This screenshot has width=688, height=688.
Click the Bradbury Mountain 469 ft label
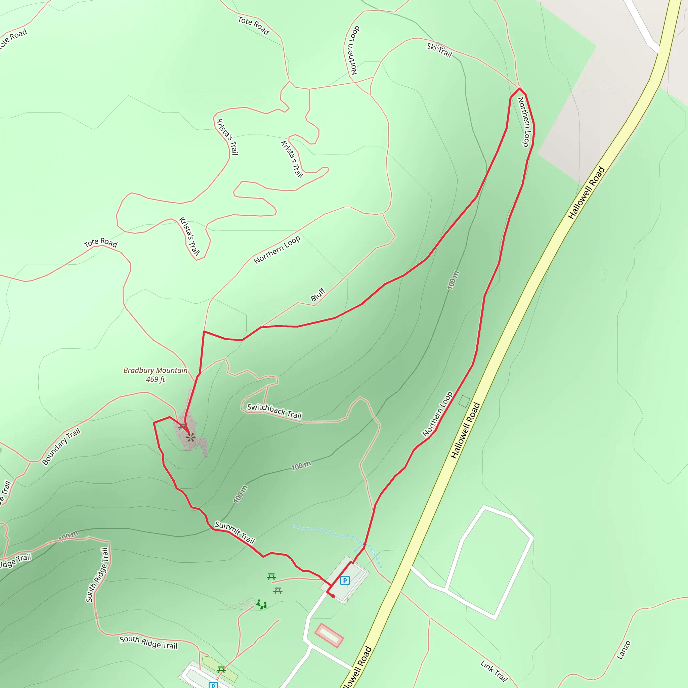click(x=155, y=375)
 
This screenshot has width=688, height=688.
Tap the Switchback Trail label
click(x=274, y=411)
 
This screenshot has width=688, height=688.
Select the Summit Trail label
click(x=235, y=533)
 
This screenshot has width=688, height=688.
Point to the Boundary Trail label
click(x=61, y=447)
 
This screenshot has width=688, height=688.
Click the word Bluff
click(x=318, y=295)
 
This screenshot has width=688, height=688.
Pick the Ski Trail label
click(x=439, y=50)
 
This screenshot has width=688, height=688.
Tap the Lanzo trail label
click(x=623, y=650)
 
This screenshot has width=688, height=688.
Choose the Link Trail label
click(x=494, y=671)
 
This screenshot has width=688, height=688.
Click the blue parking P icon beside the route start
click(x=345, y=580)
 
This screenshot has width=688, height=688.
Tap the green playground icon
click(x=262, y=604)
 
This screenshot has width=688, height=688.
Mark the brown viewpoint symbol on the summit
click(x=190, y=437)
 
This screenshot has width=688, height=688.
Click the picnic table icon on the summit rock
click(x=182, y=426)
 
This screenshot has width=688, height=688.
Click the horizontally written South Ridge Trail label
click(x=148, y=642)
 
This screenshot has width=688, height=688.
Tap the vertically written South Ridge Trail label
click(x=97, y=575)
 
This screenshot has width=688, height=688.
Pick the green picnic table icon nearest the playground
click(x=271, y=577)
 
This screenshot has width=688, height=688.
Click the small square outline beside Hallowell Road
click(x=464, y=401)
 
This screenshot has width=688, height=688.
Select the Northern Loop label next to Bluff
click(x=277, y=250)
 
